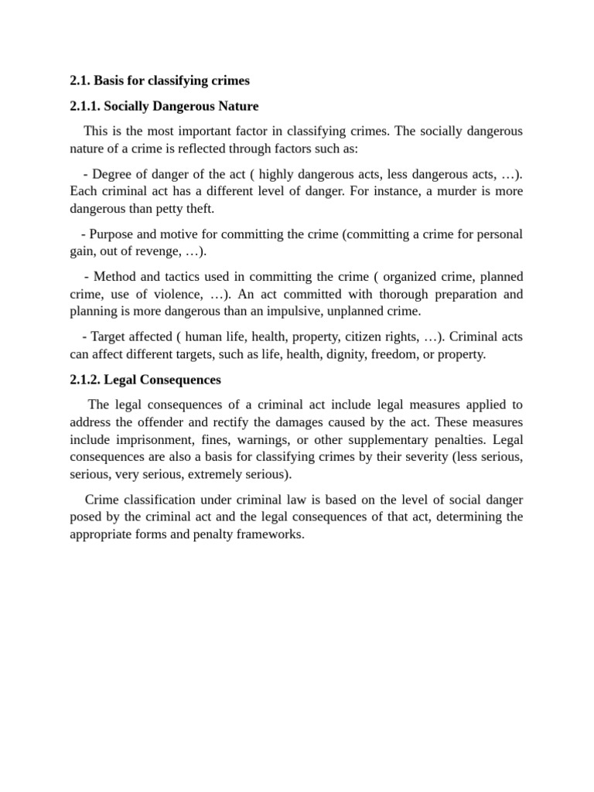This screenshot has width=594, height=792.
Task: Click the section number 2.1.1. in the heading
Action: pos(86,106)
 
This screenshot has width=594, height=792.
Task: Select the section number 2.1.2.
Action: pos(86,380)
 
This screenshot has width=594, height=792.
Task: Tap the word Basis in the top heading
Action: pos(111,80)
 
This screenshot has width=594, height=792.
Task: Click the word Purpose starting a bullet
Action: pos(112,234)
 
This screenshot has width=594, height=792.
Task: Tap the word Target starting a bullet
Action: pos(109,336)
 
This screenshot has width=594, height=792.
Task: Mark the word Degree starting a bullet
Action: pos(113,172)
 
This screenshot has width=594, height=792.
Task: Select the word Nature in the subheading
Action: pos(236,106)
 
